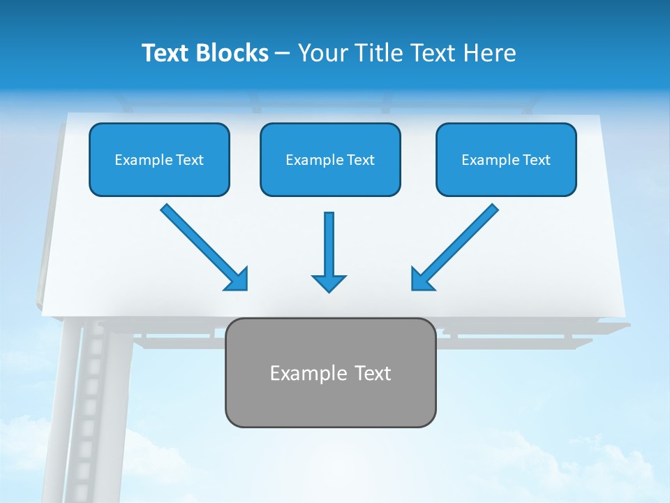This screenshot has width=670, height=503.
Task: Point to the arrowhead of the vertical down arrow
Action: pyautogui.click(x=329, y=283)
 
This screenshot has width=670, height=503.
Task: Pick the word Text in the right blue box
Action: pyautogui.click(x=536, y=160)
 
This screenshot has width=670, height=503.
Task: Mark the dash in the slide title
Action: pyautogui.click(x=283, y=53)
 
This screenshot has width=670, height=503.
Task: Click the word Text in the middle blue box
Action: pyautogui.click(x=360, y=160)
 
